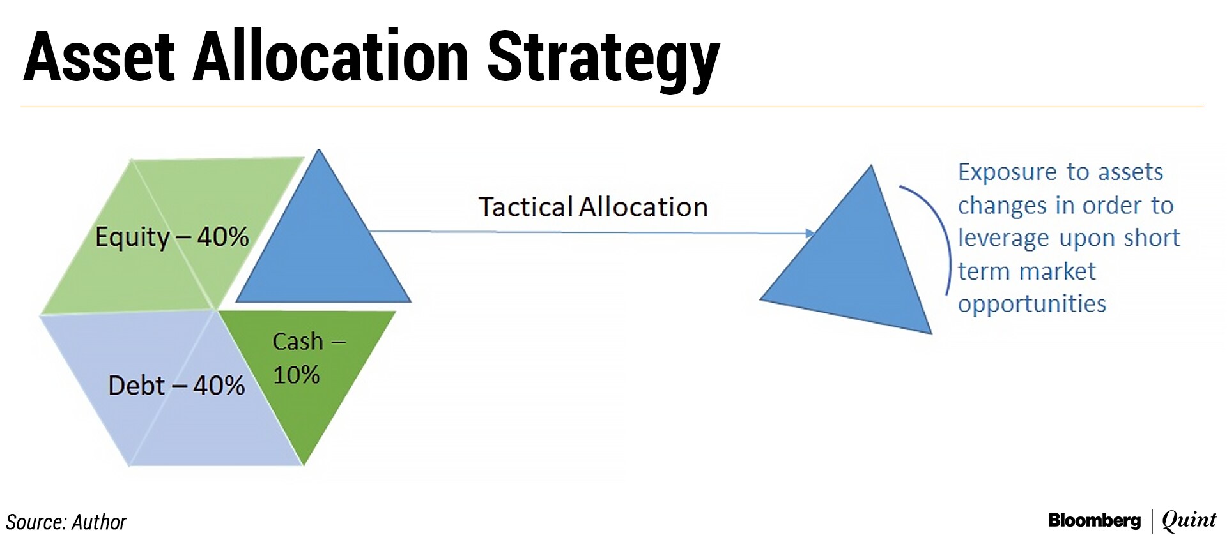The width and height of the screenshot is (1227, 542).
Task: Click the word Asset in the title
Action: tap(99, 57)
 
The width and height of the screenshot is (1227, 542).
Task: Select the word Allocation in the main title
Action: tap(331, 57)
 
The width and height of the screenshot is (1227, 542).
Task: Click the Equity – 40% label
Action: tap(172, 237)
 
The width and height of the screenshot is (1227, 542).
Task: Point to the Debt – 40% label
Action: tap(176, 386)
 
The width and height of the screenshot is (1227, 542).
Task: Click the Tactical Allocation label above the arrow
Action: tap(593, 207)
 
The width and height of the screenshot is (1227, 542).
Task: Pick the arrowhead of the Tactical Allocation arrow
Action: tap(810, 234)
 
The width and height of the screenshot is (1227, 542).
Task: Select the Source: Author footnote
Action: tap(66, 522)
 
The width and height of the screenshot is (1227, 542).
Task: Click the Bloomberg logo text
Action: tap(1094, 521)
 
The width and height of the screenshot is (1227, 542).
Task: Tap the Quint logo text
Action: tap(1189, 521)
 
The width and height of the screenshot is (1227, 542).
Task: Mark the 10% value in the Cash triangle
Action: tap(297, 375)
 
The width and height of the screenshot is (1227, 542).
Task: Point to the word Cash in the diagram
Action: tap(298, 342)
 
